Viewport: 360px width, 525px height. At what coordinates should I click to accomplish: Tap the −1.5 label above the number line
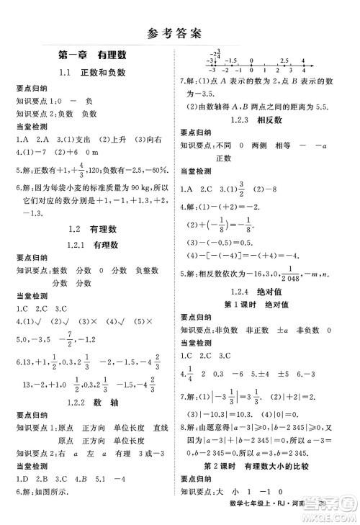[x=231, y=61]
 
